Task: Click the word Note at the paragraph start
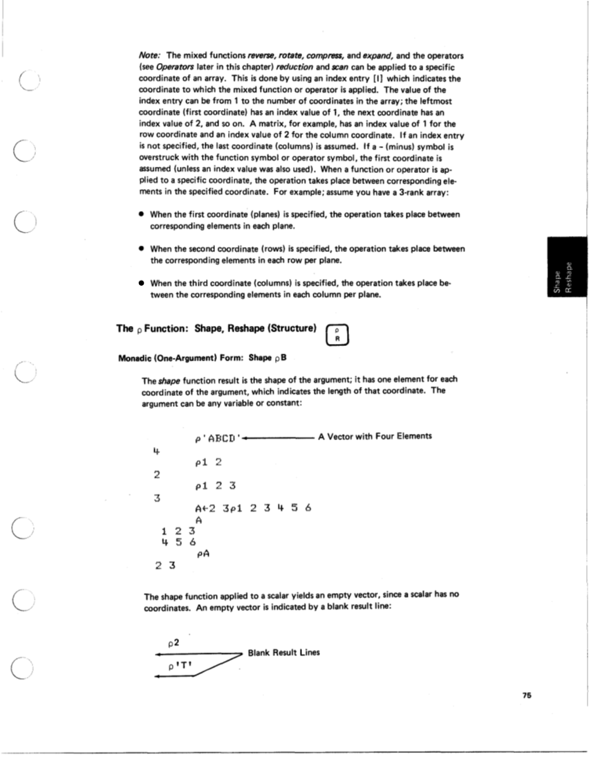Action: (x=151, y=55)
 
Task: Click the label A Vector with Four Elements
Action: (x=375, y=436)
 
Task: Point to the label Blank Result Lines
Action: (x=283, y=653)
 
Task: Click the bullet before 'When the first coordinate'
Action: (x=140, y=215)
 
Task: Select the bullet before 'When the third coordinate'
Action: (x=140, y=283)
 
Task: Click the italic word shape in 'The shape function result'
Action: (x=169, y=381)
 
